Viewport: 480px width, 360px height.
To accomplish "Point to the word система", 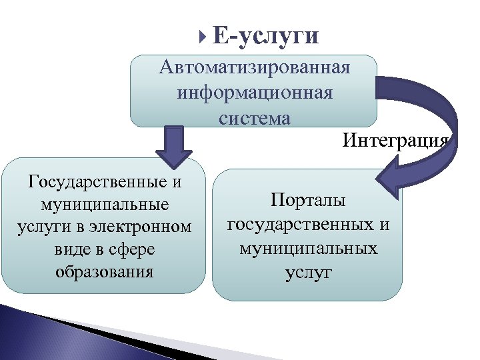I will pos(254,117).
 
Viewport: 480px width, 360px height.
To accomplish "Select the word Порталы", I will pos(308,201).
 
